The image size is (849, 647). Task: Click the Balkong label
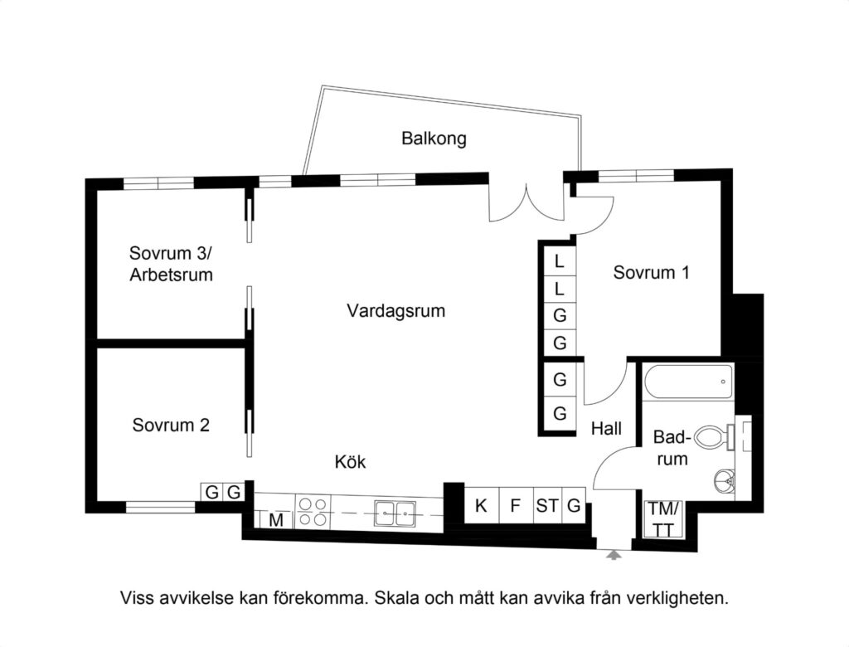[x=434, y=139]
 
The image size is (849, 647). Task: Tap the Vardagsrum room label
[x=395, y=312]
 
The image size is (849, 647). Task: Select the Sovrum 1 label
[x=652, y=272]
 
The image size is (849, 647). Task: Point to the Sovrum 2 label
[x=171, y=426]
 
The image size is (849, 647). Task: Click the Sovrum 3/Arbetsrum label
[x=171, y=264]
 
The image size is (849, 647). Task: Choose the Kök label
[x=350, y=462]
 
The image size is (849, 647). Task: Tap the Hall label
[x=606, y=430]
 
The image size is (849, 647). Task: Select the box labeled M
[x=277, y=521]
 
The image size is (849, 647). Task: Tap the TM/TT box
[x=662, y=520]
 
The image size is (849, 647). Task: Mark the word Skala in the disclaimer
[x=397, y=597]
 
